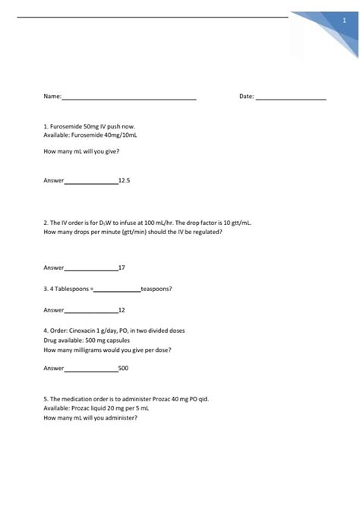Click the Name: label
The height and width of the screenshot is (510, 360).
tap(52, 97)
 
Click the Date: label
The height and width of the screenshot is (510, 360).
tap(247, 97)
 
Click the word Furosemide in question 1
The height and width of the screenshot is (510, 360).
tap(66, 125)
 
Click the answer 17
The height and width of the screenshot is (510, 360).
tap(122, 268)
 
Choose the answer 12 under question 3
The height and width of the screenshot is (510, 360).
tap(122, 310)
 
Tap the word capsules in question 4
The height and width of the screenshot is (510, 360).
tap(123, 341)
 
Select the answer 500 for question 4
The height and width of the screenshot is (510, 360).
tap(124, 368)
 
